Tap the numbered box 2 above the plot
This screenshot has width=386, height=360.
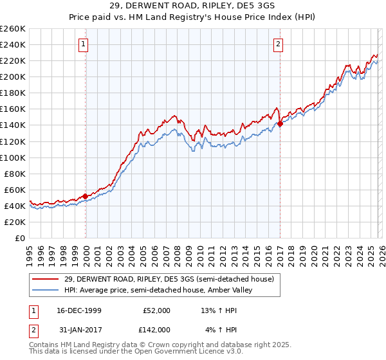(x=278, y=44)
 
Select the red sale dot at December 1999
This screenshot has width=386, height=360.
(x=86, y=196)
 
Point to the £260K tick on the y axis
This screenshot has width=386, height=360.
(x=13, y=29)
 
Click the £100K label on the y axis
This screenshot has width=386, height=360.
(x=13, y=157)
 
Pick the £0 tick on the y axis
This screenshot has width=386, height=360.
(x=19, y=238)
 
